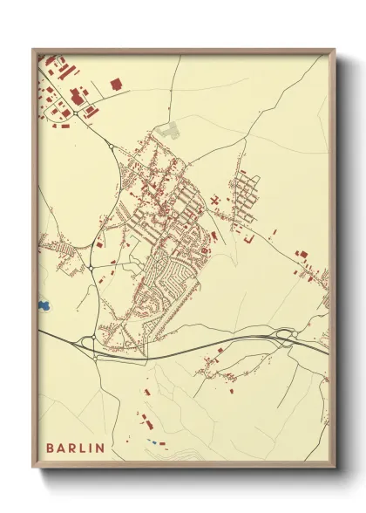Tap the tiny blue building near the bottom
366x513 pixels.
153,442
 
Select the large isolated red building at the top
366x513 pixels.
117,85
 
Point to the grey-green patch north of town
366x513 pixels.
169,132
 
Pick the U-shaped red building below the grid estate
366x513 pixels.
248,236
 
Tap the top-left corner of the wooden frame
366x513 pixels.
34,51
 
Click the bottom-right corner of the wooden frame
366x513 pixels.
334,467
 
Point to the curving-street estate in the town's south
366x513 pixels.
170,279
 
